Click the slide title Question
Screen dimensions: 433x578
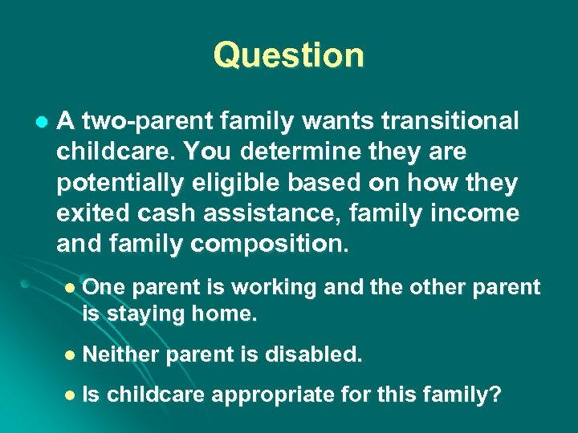289,55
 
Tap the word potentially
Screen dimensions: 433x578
119,183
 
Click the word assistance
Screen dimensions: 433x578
260,213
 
